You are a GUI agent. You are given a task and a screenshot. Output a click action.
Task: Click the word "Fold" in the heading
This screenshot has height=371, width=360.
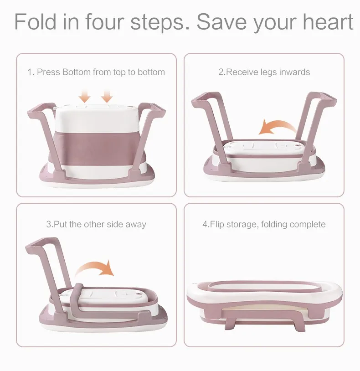coord(35,21)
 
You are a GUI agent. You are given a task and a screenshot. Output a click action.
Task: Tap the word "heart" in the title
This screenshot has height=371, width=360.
coord(328,21)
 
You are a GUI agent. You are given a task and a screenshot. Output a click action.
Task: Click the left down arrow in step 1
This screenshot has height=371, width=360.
coord(85,96)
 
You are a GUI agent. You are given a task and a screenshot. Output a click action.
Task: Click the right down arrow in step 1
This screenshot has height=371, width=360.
coord(107,96)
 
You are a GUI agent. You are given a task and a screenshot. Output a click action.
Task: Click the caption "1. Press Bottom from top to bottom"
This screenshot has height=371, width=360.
coord(96,72)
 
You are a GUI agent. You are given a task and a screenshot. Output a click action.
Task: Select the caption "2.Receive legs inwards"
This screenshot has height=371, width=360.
coord(264,72)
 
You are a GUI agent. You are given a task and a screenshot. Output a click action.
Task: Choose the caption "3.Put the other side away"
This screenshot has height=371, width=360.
coord(96,224)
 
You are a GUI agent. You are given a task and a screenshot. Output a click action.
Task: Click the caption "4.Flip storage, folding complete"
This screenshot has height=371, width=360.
coord(264,224)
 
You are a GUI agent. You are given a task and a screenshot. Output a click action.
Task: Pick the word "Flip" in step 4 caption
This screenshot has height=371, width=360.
coord(216,224)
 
